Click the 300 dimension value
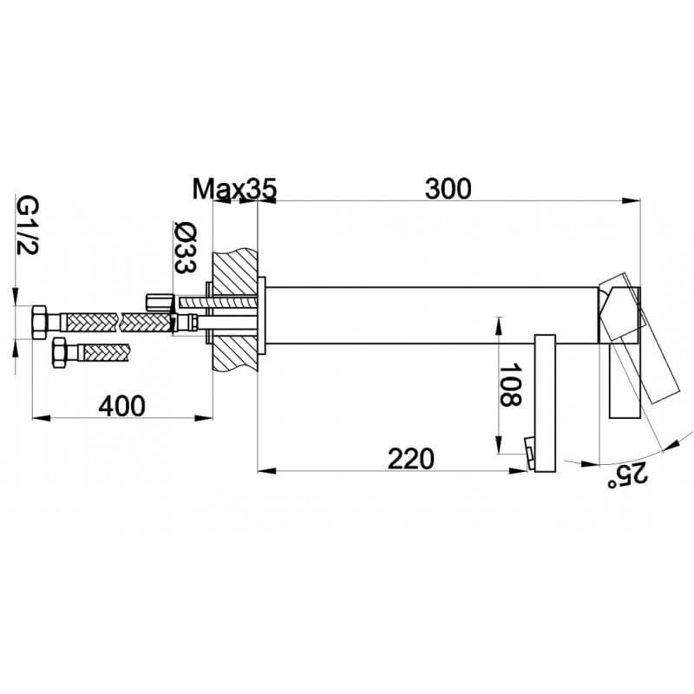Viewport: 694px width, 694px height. pos(448,189)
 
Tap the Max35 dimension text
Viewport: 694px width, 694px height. pos(234,189)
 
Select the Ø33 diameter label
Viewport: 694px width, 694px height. pos(186,247)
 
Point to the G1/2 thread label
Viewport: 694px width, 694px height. pos(28,226)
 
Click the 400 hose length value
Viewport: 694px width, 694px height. pos(121,406)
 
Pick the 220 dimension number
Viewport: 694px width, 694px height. pos(410,459)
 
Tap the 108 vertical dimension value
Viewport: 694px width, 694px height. pos(511,384)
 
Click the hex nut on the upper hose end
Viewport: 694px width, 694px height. pos(39,322)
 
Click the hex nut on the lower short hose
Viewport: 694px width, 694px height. pos(59,352)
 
